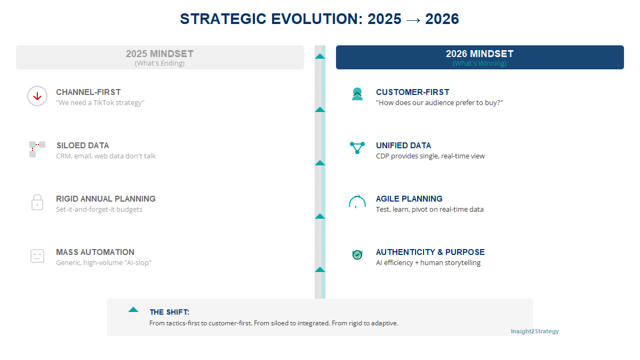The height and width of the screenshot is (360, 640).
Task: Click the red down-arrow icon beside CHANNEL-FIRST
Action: tap(37, 97)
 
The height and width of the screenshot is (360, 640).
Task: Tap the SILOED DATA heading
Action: tap(82, 146)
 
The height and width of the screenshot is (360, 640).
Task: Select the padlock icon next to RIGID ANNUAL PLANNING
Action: tap(37, 203)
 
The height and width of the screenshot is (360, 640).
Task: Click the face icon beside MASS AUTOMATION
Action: tap(37, 256)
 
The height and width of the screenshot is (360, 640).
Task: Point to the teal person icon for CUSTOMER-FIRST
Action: tap(357, 94)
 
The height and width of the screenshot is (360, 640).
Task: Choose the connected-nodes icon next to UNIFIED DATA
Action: tap(357, 148)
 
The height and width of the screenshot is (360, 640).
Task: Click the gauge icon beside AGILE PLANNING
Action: tap(357, 202)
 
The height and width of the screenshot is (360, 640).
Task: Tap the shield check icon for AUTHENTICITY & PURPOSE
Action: tap(357, 255)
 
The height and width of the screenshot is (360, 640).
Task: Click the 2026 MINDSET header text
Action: tap(479, 54)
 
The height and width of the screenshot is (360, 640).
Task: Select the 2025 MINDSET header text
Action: tap(159, 54)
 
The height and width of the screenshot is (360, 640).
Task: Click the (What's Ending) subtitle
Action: tap(159, 63)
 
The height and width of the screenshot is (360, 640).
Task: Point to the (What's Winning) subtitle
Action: tap(479, 63)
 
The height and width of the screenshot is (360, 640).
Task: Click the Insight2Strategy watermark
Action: tap(534, 331)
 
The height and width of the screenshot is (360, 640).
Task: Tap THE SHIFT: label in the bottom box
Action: tap(170, 312)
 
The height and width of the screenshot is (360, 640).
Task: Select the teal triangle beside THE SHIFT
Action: tap(133, 309)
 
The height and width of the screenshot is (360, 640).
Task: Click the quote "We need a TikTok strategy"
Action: tap(100, 102)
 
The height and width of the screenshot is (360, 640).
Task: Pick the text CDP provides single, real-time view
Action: tap(430, 156)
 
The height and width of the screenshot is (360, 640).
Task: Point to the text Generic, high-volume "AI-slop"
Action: tap(103, 262)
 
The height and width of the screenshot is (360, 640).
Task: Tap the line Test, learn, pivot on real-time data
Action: tap(429, 209)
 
